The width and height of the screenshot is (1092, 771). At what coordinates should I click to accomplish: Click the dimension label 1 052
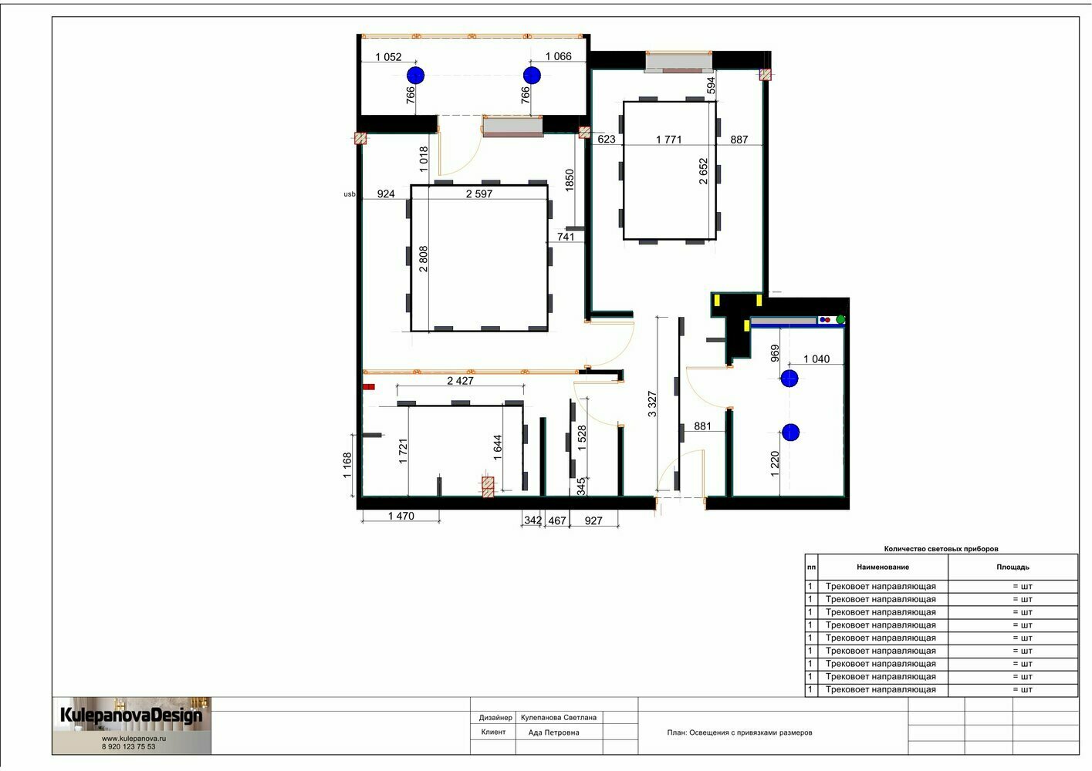point(388,57)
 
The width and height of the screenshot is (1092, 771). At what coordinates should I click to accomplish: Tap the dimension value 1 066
point(558,56)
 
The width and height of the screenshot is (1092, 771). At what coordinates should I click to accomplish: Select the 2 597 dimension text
point(478,194)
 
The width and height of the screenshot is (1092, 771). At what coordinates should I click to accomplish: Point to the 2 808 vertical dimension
point(423,258)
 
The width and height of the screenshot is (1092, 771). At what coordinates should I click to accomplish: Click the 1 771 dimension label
point(668,140)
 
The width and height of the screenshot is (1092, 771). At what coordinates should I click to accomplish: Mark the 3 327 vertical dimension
point(652,404)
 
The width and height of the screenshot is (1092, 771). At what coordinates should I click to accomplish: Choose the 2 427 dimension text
point(460,381)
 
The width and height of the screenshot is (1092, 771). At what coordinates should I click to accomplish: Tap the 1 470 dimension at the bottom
point(401,516)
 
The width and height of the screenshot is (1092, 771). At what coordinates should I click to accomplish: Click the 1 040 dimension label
point(816,359)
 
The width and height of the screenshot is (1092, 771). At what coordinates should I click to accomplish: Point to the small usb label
point(349,194)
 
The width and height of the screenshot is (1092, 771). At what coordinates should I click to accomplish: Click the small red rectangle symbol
point(369,387)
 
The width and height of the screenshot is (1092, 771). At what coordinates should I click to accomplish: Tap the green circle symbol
point(840,319)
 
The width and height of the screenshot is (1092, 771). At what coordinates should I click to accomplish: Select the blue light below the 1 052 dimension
point(415,76)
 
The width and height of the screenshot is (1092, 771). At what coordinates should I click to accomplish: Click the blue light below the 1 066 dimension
point(532,76)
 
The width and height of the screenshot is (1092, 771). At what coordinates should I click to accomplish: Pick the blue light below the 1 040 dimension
point(789,379)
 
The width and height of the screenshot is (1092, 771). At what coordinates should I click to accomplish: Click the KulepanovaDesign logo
point(131,715)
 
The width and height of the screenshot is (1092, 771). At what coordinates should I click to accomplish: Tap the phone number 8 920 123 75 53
point(129,746)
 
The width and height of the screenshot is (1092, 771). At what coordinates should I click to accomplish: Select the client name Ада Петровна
point(553,732)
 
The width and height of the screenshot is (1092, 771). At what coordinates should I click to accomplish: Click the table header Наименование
point(883,567)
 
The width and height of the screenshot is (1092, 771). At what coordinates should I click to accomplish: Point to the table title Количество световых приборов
point(941,549)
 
